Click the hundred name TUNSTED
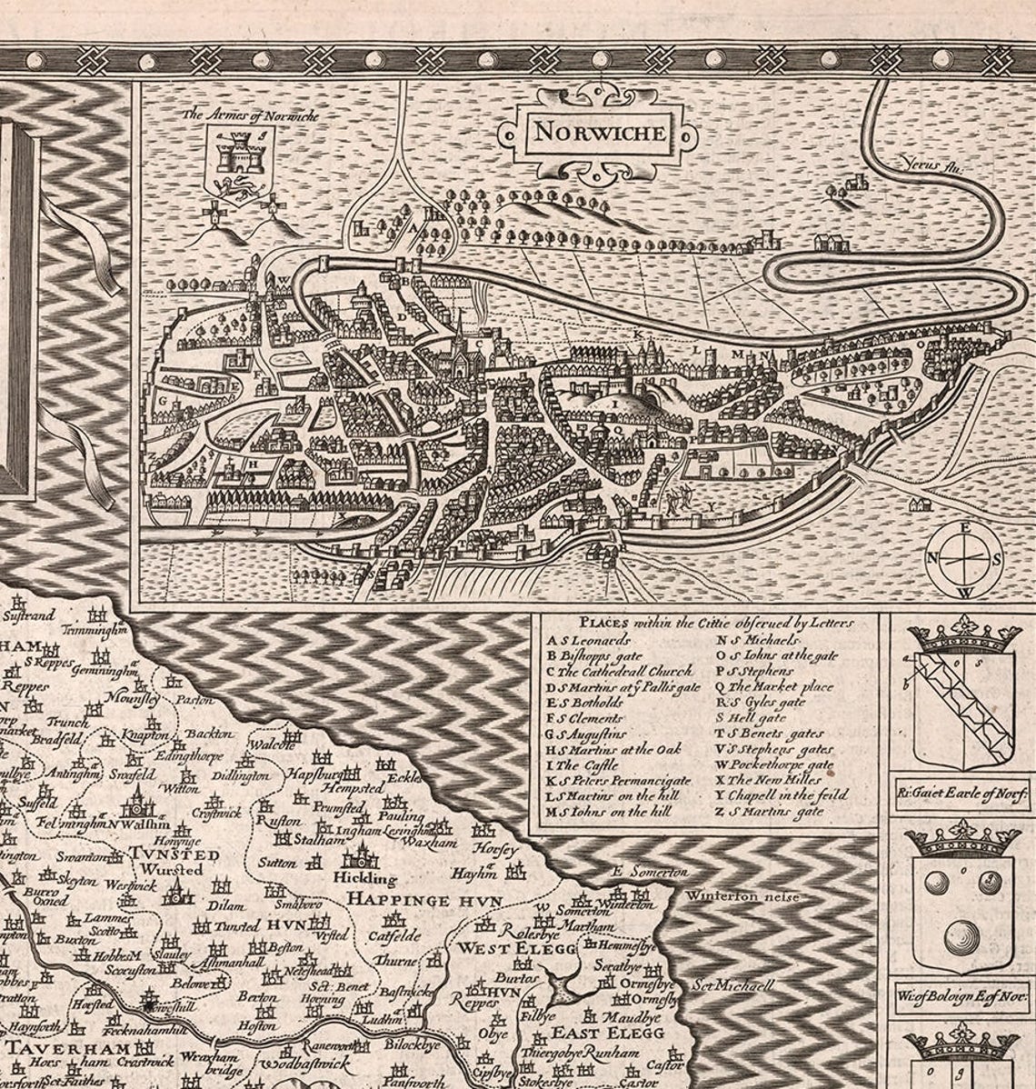click(x=173, y=854)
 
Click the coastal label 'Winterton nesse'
click(x=742, y=897)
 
